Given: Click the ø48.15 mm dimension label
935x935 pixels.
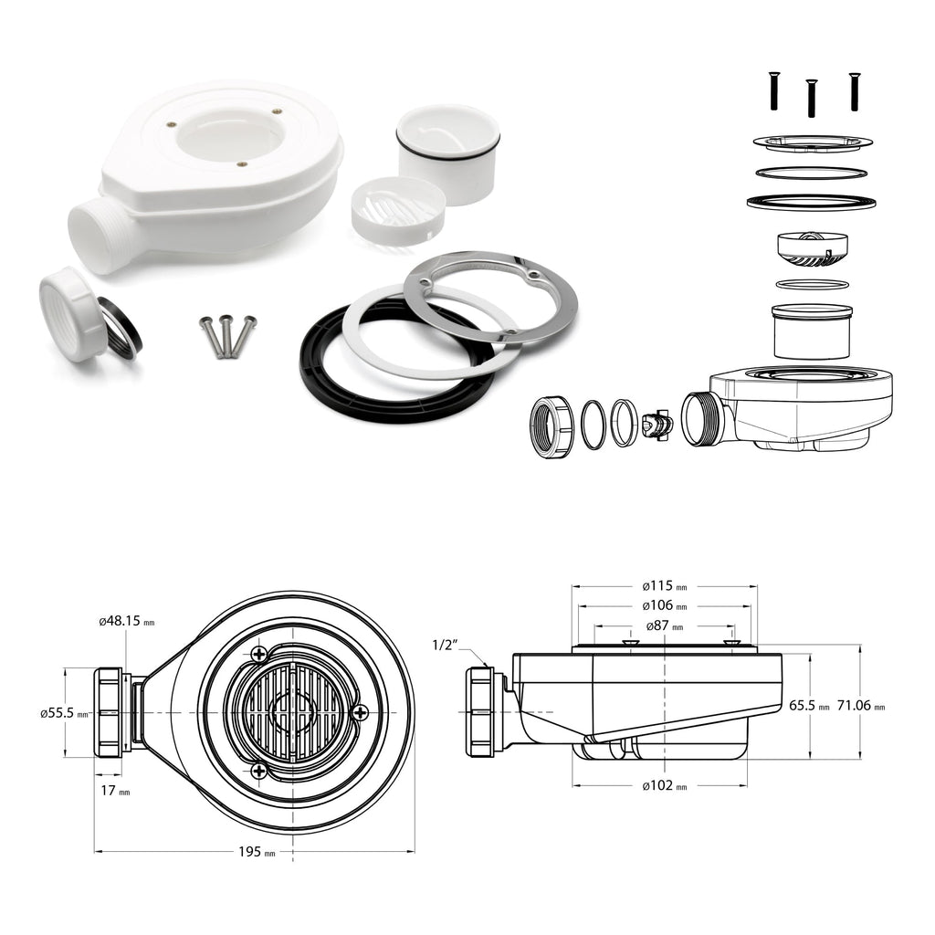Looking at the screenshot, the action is coord(126,621).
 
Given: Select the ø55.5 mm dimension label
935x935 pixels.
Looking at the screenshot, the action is coord(64,713).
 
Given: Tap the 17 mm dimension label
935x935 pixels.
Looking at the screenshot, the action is coord(115,791).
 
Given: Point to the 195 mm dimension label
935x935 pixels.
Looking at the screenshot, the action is coord(257,852).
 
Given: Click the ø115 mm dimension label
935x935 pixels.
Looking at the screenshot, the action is coord(665,586).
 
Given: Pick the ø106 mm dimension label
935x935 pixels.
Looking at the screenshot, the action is coord(665,606).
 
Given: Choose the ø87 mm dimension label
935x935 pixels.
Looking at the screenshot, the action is coord(665,626).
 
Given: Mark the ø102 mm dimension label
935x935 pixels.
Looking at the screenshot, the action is coord(665,786).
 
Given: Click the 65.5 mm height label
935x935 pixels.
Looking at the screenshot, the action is coord(809,706).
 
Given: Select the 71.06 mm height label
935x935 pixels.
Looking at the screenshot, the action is coord(861,706).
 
